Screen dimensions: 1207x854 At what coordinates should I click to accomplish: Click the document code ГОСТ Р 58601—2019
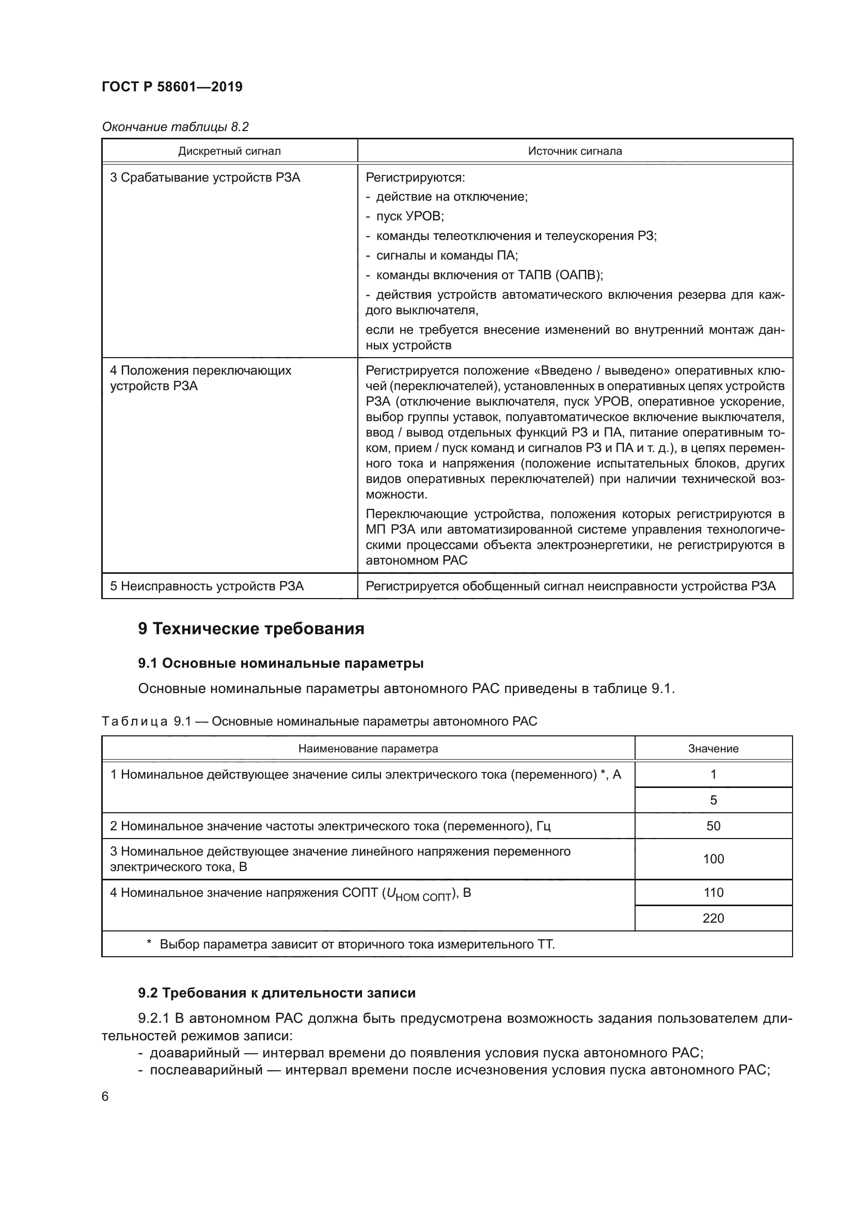pyautogui.click(x=172, y=87)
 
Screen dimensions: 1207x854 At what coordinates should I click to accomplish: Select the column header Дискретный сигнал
pyautogui.click(x=229, y=151)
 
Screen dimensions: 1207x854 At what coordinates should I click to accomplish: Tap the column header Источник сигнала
pyautogui.click(x=575, y=151)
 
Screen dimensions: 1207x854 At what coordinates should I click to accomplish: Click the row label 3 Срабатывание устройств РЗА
pyautogui.click(x=205, y=178)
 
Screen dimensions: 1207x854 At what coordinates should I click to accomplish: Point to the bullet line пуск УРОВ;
pyautogui.click(x=409, y=217)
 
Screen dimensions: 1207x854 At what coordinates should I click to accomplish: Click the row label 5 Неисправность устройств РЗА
pyautogui.click(x=207, y=586)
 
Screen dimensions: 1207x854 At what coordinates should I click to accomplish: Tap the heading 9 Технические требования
pyautogui.click(x=251, y=629)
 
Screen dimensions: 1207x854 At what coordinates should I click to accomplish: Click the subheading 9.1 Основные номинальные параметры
pyautogui.click(x=281, y=664)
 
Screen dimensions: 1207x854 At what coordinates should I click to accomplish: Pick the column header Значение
pyautogui.click(x=713, y=749)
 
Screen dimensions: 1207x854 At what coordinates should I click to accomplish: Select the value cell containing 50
pyautogui.click(x=713, y=826)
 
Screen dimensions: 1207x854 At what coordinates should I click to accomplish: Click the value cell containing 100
pyautogui.click(x=713, y=859)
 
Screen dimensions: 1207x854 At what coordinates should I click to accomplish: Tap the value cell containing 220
pyautogui.click(x=713, y=919)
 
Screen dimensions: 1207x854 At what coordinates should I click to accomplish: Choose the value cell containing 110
pyautogui.click(x=713, y=893)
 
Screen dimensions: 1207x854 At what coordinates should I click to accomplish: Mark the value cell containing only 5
pyautogui.click(x=713, y=800)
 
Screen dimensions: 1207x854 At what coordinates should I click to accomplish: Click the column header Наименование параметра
pyautogui.click(x=368, y=749)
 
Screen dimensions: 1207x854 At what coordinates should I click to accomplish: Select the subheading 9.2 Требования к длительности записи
pyautogui.click(x=277, y=993)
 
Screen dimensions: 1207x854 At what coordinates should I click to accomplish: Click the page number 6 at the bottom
pyautogui.click(x=105, y=1097)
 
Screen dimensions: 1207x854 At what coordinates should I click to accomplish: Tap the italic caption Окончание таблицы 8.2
pyautogui.click(x=175, y=127)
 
